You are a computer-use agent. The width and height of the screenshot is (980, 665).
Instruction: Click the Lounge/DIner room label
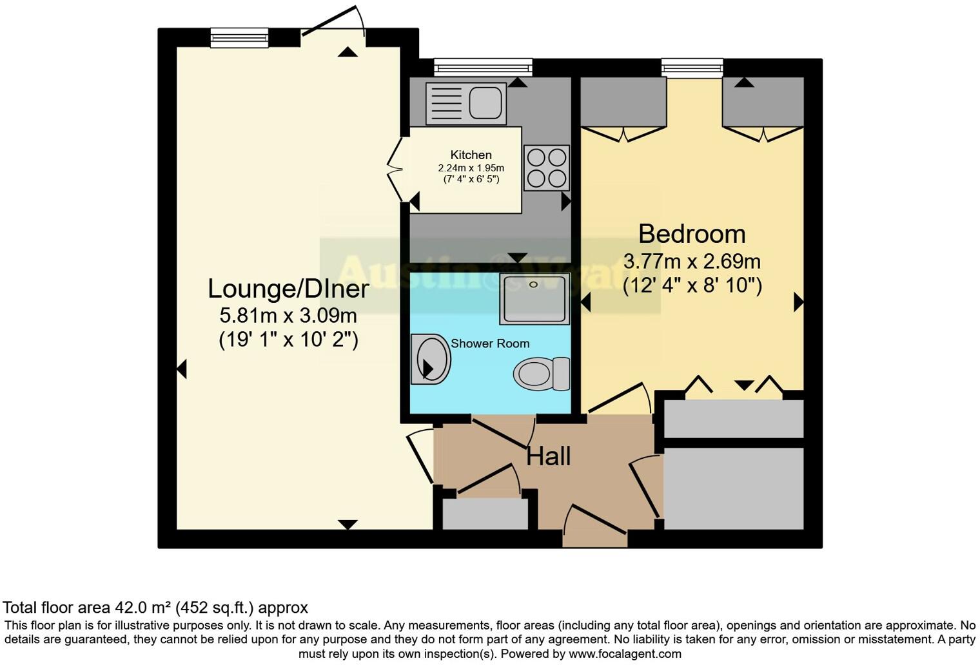click(288, 289)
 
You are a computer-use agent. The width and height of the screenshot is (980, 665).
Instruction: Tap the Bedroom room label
click(692, 233)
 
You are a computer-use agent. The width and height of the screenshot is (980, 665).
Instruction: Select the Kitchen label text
click(471, 155)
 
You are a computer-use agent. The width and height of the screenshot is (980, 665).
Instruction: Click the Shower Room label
click(490, 343)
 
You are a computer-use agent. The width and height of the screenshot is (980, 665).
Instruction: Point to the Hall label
click(549, 456)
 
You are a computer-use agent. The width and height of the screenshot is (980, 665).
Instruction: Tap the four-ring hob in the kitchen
click(547, 168)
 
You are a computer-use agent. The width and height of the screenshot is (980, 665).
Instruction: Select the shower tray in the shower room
click(534, 298)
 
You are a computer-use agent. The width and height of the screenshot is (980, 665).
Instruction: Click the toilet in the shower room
click(542, 374)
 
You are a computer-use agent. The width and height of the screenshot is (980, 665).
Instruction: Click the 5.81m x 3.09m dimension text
click(288, 316)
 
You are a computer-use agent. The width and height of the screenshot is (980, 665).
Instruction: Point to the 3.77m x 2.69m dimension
click(692, 262)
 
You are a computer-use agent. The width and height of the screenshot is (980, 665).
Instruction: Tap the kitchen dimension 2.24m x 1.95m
click(471, 168)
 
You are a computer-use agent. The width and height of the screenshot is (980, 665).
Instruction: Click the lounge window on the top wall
click(239, 38)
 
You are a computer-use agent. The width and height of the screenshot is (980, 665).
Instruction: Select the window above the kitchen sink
click(483, 67)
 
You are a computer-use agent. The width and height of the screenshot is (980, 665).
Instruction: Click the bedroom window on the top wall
click(692, 67)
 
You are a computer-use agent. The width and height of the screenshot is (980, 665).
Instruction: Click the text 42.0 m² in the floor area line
click(142, 608)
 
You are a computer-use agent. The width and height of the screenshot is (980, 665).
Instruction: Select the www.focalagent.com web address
click(624, 653)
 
